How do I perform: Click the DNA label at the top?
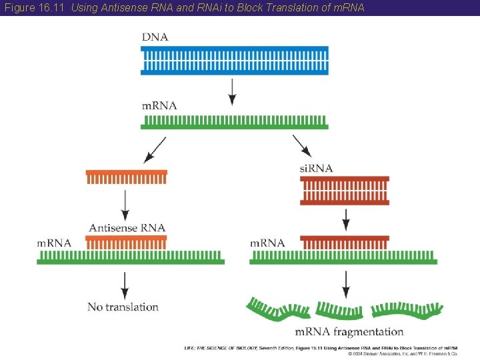pos(155,37)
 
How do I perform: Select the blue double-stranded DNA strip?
pos(235,60)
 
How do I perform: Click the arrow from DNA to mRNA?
pos(232,91)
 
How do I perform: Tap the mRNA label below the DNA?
pos(159,105)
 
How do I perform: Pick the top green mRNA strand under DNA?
pos(235,122)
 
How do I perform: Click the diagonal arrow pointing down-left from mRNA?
pos(155,149)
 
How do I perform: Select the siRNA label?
pos(316,169)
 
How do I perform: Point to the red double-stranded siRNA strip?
pos(345,191)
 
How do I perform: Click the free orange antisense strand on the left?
pos(126,176)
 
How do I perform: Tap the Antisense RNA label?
pos(127,227)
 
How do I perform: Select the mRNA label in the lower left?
pos(54,243)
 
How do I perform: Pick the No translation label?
pos(123,307)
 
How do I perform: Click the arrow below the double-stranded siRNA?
pos(345,219)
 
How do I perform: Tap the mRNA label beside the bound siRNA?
pos(267,243)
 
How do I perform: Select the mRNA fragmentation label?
pos(349,331)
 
